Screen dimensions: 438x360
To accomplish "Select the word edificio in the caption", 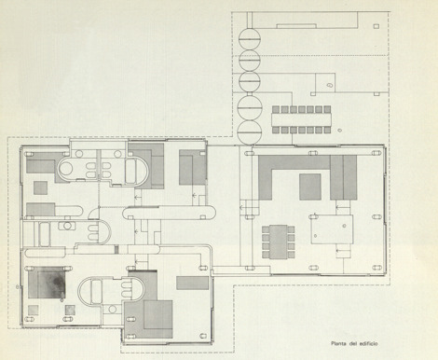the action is [369, 343].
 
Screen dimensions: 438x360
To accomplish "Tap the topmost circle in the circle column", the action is [250, 39].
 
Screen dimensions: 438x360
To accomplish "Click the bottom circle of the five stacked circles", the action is [250, 132].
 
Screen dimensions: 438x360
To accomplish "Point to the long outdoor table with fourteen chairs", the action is [301, 119].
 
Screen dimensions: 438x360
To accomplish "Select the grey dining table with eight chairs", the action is [279, 242].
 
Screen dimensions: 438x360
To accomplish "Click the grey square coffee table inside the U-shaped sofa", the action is [310, 187].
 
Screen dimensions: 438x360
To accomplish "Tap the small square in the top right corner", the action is [376, 26].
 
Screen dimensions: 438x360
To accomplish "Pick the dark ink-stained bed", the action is [47, 283].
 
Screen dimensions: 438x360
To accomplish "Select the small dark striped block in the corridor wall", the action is [116, 249].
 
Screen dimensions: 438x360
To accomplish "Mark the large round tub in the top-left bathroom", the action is [65, 169].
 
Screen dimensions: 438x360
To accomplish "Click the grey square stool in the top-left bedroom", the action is [41, 187].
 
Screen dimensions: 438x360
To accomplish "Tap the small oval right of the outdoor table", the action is [340, 130].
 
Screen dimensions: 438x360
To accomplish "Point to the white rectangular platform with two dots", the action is [332, 229].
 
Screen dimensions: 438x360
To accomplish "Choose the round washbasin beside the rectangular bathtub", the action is [67, 226].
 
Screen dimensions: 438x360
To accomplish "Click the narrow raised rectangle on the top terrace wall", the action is [297, 26].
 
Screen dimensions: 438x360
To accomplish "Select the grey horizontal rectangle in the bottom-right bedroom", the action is [193, 283].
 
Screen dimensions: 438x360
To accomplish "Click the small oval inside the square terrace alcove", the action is [330, 85].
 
